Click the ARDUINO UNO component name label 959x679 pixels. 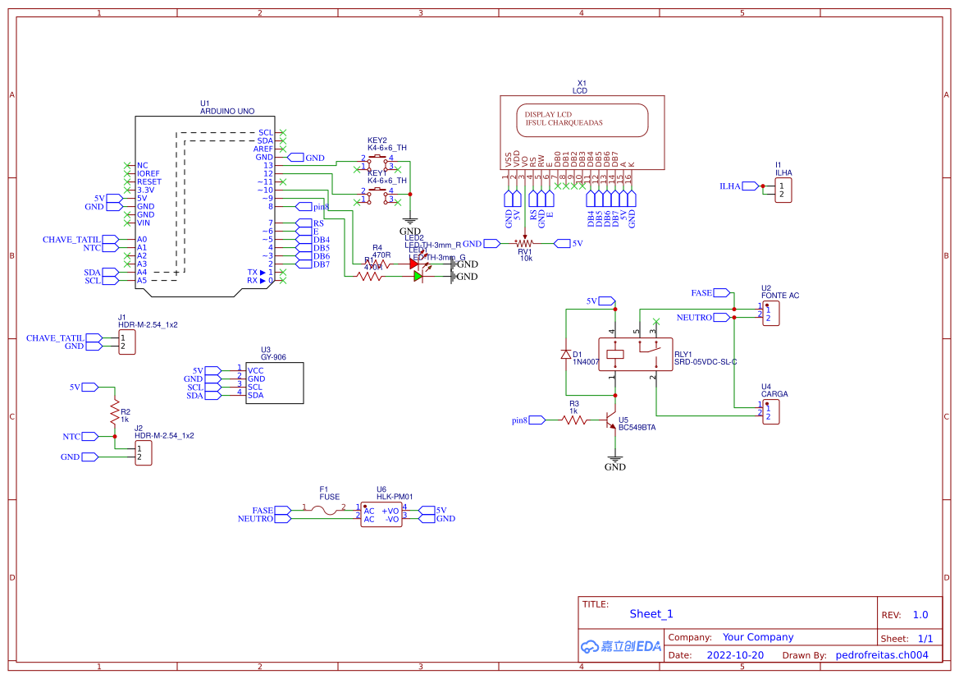click(x=226, y=111)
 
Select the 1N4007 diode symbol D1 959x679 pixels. click(x=566, y=355)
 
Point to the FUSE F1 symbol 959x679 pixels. click(x=329, y=510)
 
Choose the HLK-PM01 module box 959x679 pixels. click(x=381, y=515)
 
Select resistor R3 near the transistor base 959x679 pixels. click(x=574, y=420)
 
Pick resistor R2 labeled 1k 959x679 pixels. click(x=114, y=411)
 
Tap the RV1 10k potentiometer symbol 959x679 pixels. click(x=524, y=243)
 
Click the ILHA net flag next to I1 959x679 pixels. click(x=729, y=186)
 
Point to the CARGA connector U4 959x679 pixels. click(x=770, y=412)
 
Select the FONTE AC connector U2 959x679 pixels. click(x=770, y=313)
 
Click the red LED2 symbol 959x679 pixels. click(x=415, y=264)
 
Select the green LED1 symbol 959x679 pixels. click(x=418, y=277)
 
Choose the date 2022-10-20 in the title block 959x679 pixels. click(x=735, y=655)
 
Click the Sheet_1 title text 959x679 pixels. click(x=651, y=613)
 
